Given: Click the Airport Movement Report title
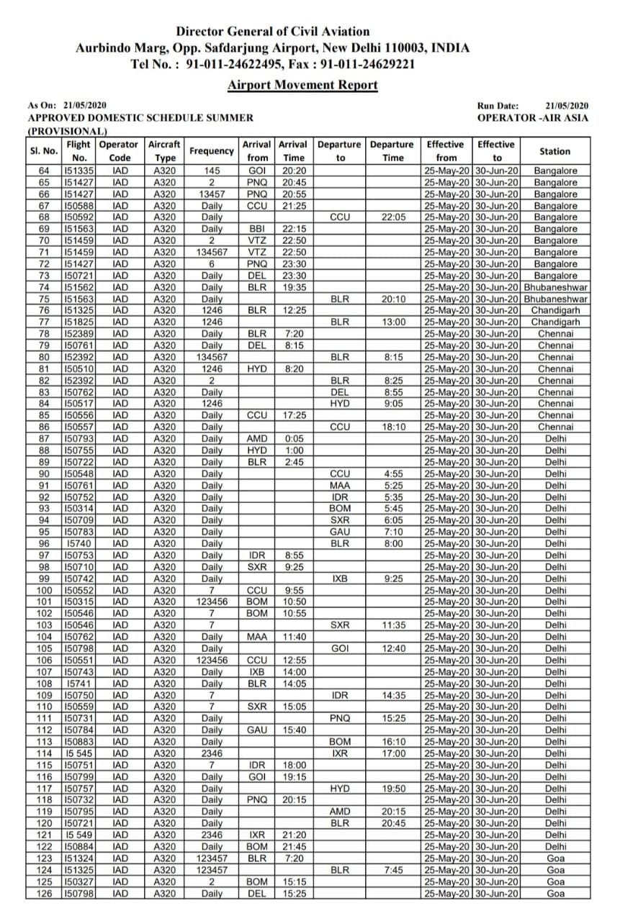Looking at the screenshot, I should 302,85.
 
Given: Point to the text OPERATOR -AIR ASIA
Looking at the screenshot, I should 532,117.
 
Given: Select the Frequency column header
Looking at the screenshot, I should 212,151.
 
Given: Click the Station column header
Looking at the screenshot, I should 555,151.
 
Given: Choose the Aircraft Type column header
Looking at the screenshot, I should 164,151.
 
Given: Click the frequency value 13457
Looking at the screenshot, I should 212,194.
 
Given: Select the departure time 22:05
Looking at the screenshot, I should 392,217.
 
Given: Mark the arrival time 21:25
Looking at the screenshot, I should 293,206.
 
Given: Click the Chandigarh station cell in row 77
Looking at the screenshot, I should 555,322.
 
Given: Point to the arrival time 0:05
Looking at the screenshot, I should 293,438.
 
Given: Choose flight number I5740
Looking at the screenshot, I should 78,543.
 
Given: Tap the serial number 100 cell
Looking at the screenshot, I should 44,590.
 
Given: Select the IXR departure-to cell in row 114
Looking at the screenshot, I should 340,753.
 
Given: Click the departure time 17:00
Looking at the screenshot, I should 392,753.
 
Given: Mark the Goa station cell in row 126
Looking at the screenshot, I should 555,893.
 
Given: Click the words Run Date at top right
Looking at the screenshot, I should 498,106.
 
